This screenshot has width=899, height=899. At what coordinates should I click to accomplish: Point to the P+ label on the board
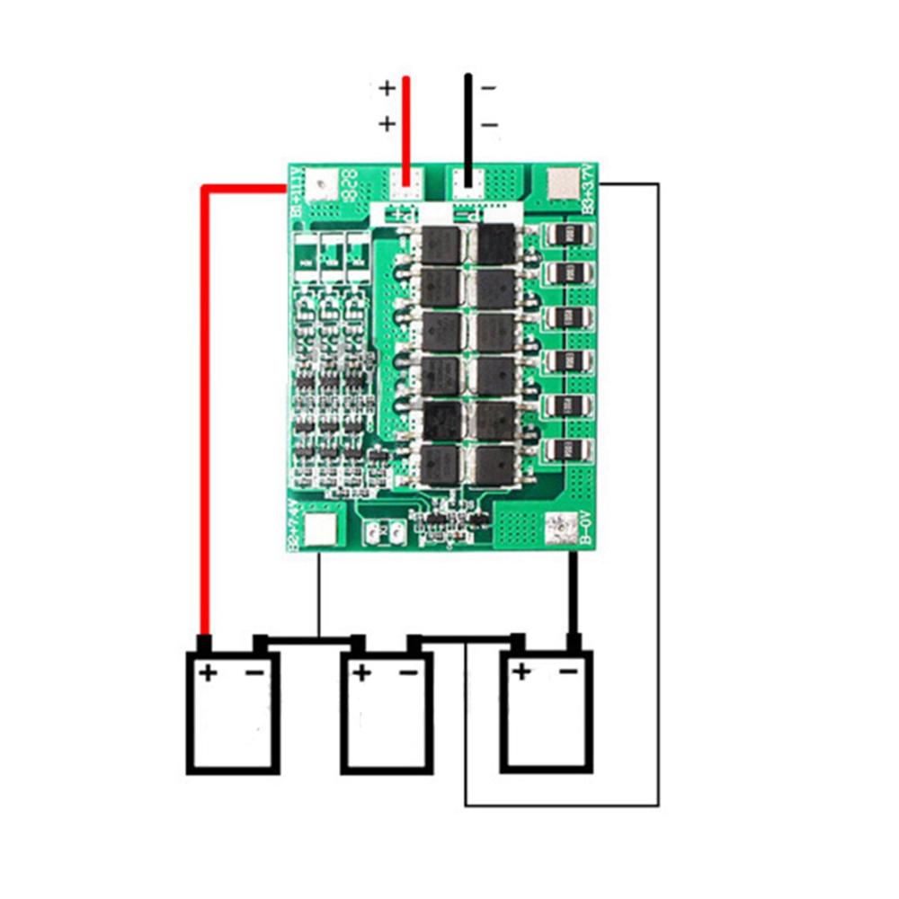[x=402, y=216]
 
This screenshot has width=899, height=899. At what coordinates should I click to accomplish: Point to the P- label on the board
[x=470, y=216]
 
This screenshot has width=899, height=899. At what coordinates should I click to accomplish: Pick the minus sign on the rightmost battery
[x=568, y=671]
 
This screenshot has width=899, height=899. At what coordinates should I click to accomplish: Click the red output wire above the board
[x=406, y=126]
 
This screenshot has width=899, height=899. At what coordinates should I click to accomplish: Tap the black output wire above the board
[x=467, y=126]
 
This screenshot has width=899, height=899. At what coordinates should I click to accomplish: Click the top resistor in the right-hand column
[x=570, y=235]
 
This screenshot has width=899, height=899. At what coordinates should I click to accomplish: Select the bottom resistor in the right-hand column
[x=570, y=449]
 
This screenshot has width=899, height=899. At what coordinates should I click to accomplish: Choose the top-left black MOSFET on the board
[x=441, y=245]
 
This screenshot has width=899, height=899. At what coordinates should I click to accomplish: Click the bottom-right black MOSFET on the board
[x=496, y=465]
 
